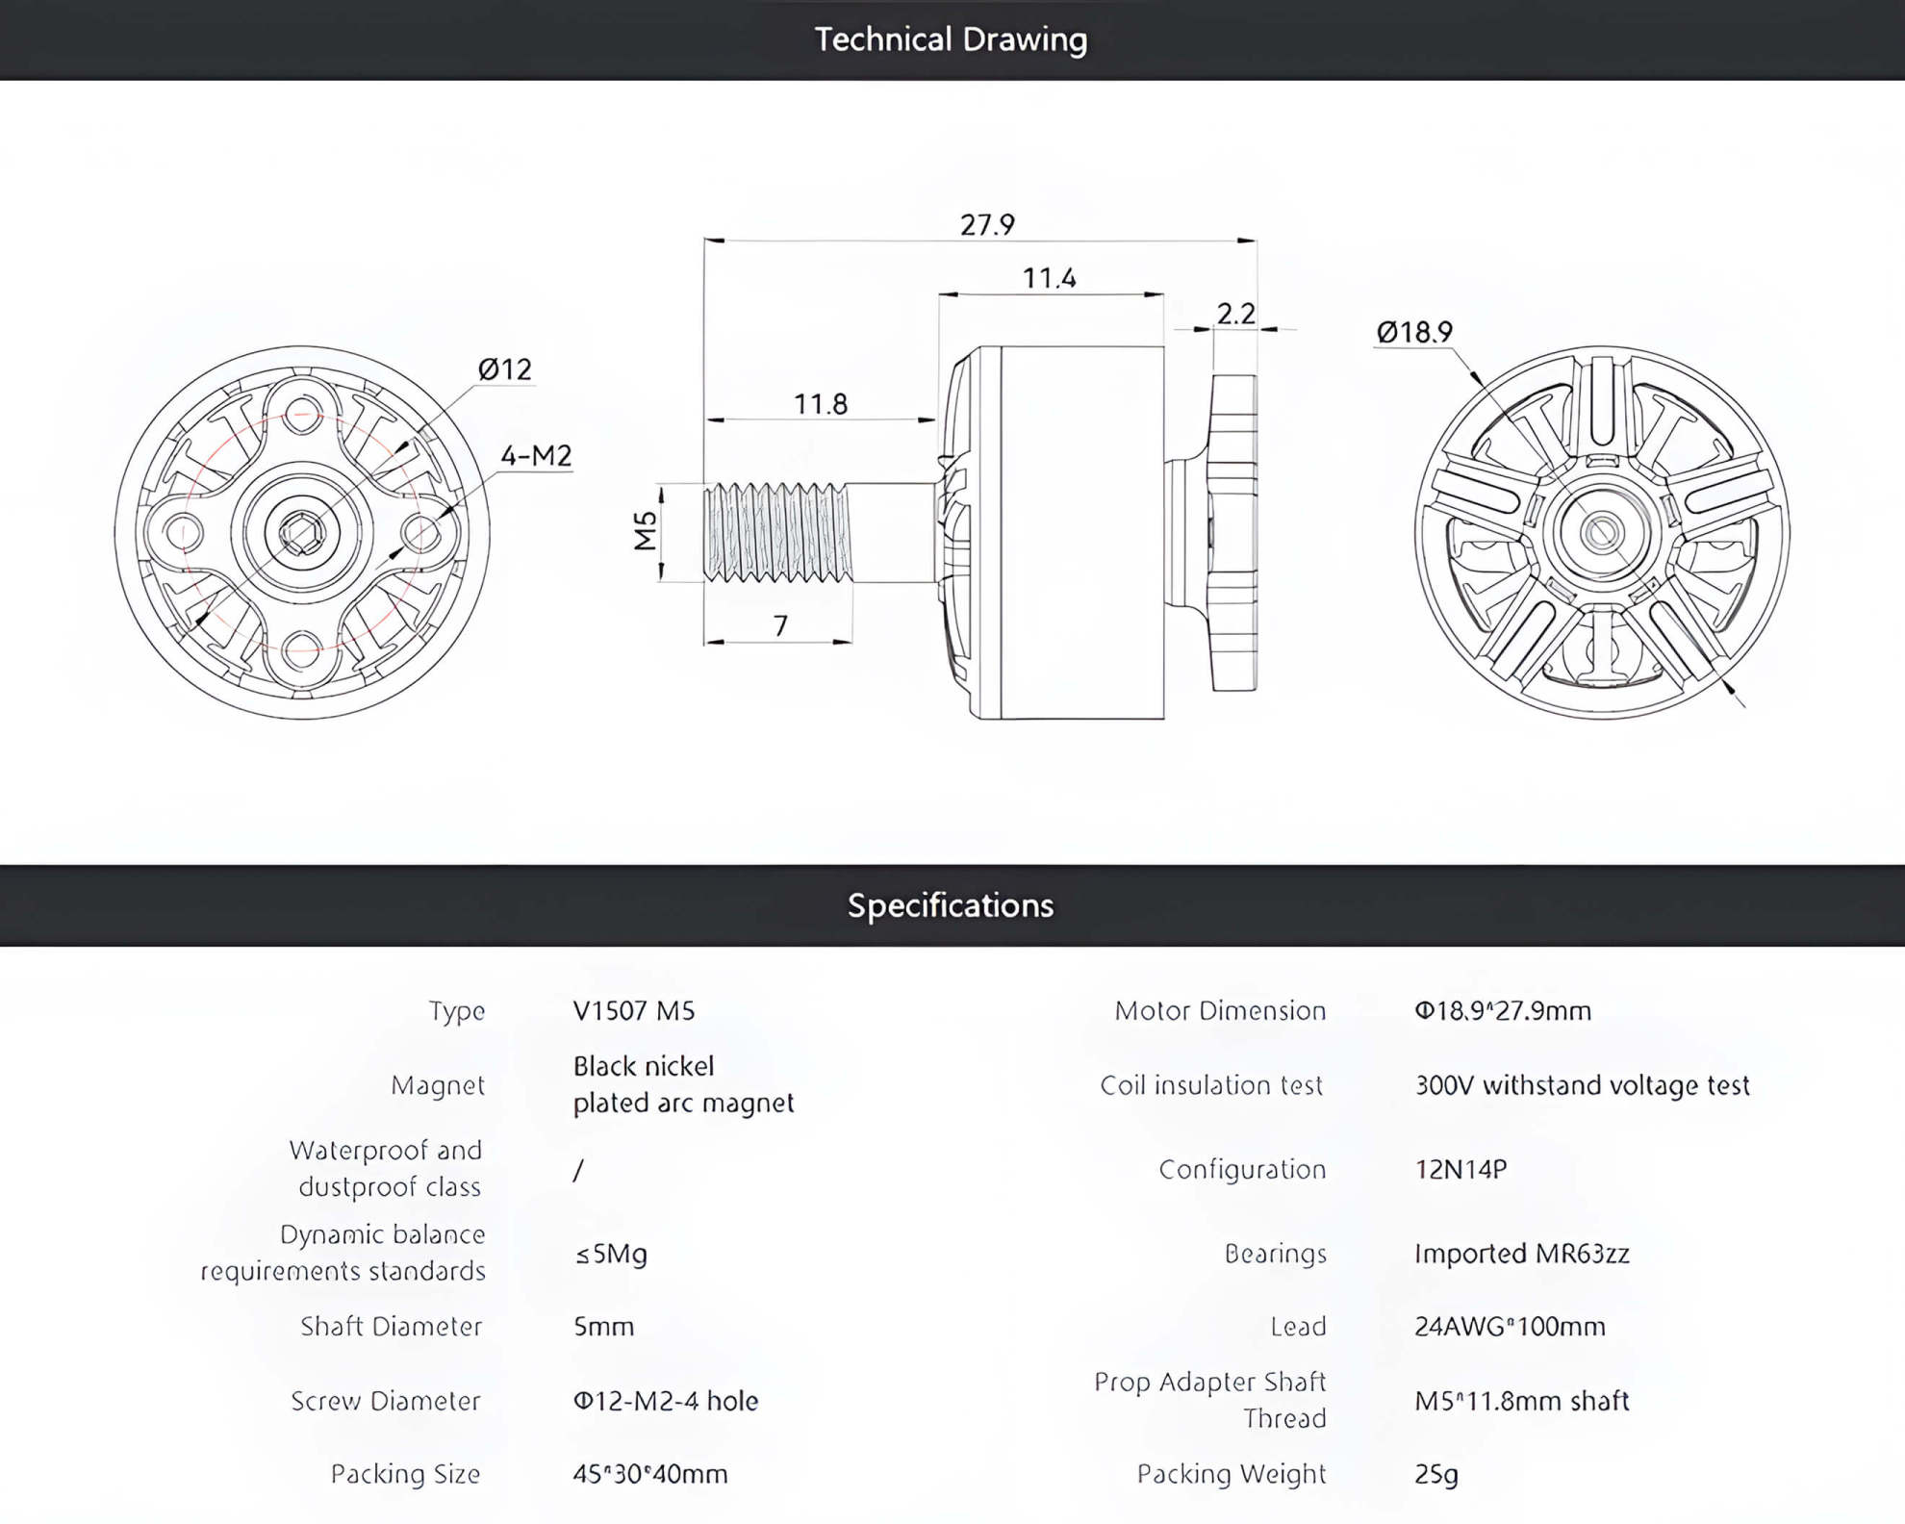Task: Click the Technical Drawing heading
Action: pos(951,39)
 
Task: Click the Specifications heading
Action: pos(951,905)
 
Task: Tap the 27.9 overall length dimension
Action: pos(987,225)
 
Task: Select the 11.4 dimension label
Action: pos(1049,278)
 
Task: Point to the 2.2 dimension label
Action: pos(1236,314)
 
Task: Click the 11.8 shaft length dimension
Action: pos(821,404)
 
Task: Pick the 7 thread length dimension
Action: pos(781,626)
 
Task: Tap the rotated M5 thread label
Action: pos(646,531)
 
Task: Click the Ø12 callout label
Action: pos(505,369)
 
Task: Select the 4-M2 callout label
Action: pos(536,455)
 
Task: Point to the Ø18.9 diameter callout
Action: pos(1414,333)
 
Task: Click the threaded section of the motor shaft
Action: pos(777,532)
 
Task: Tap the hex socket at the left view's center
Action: pos(302,532)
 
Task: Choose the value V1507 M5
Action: pos(634,1010)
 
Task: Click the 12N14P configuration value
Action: pos(1461,1169)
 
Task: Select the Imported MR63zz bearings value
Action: pos(1522,1254)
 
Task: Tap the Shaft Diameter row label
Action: pos(391,1327)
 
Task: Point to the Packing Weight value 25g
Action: pos(1436,1474)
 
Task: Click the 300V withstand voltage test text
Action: pos(1583,1085)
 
